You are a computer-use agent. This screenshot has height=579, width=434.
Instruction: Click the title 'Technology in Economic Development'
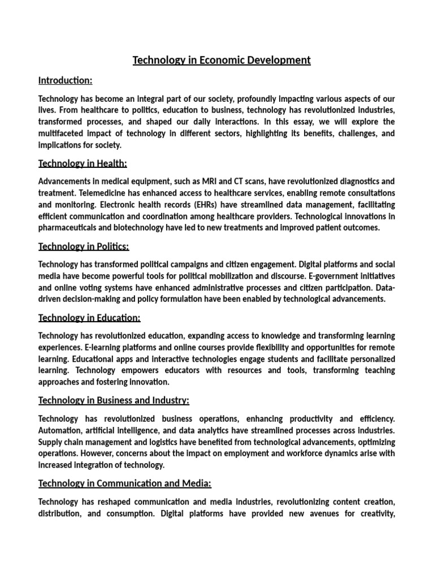coord(222,60)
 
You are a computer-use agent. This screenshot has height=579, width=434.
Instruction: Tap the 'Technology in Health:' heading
coord(83,163)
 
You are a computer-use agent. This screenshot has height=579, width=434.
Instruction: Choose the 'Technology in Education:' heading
coord(89,318)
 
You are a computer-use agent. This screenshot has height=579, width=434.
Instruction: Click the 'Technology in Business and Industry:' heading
coord(114,400)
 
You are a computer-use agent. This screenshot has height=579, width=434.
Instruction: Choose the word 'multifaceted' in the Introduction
coord(63,133)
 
